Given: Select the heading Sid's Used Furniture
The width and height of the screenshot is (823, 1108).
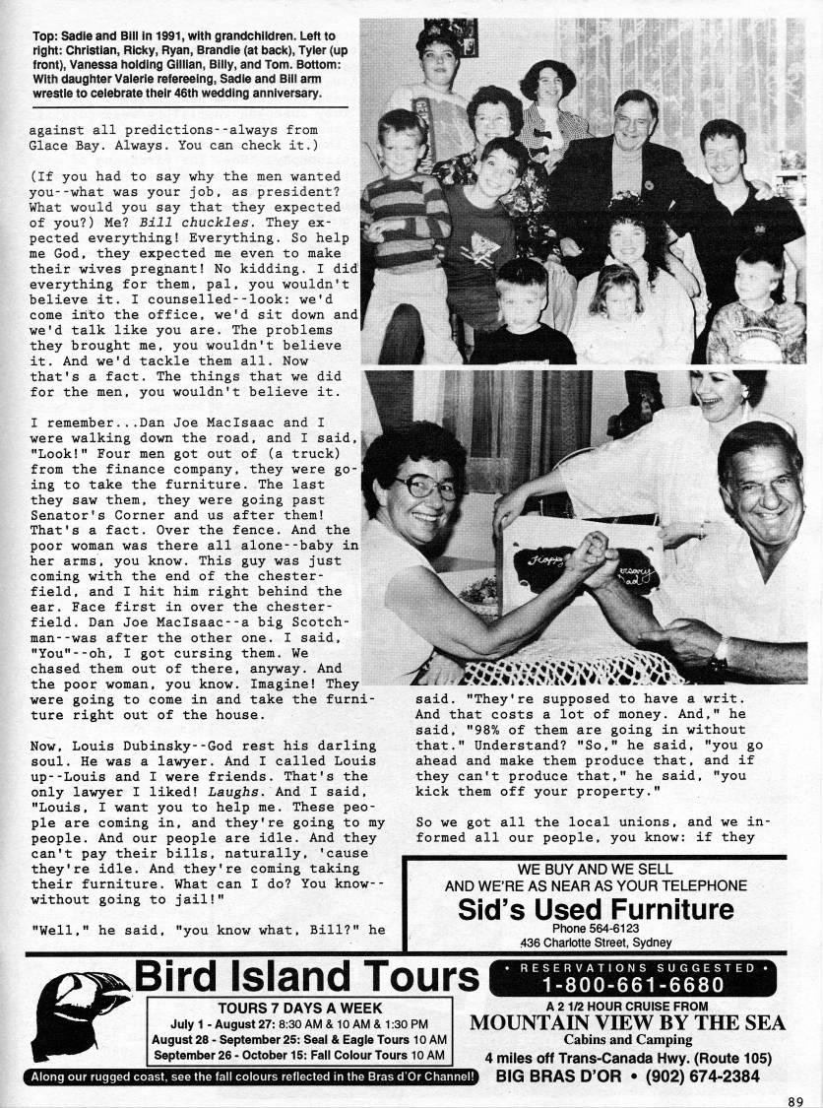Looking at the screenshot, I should [597, 909].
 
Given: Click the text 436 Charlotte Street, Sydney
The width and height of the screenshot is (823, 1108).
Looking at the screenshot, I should [597, 943].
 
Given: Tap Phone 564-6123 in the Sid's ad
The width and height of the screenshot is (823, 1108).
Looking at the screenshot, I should [597, 928].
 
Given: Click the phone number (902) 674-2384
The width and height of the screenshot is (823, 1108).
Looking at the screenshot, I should [703, 1076].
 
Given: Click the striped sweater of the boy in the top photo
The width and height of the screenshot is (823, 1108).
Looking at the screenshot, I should [393, 218].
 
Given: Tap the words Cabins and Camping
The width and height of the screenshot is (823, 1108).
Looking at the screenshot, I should [626, 1040].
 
